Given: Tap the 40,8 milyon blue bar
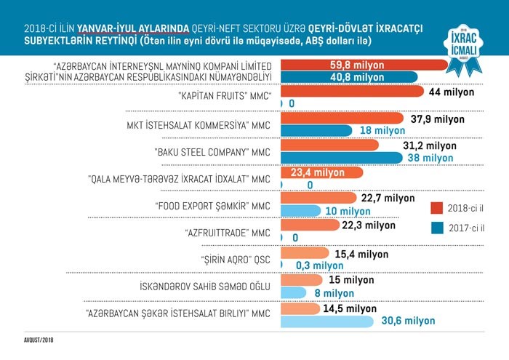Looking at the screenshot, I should click(x=349, y=77).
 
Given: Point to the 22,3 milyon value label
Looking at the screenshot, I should click(x=369, y=225).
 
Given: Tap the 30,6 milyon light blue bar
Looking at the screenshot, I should click(x=326, y=321).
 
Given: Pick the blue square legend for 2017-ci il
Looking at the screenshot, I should click(x=436, y=228).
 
